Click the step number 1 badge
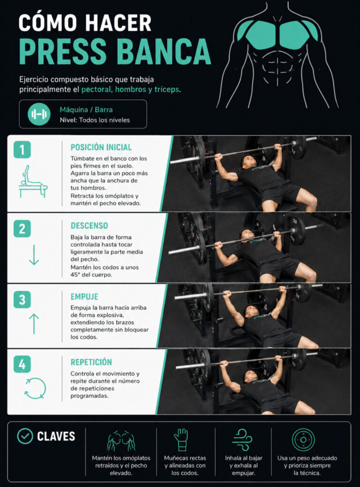(22, 150)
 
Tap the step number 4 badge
(22, 364)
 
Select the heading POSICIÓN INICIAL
(101, 147)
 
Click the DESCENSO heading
(89, 225)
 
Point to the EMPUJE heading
(84, 297)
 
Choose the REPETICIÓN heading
(91, 362)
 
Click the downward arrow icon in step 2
(34, 255)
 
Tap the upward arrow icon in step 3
(34, 323)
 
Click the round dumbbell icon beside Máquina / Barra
(39, 114)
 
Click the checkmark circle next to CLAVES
(25, 436)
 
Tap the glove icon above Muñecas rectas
(181, 440)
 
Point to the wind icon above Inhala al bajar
(243, 440)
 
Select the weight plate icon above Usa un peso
(303, 440)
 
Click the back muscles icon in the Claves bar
(121, 440)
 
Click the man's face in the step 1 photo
(249, 162)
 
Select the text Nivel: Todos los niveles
(95, 120)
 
